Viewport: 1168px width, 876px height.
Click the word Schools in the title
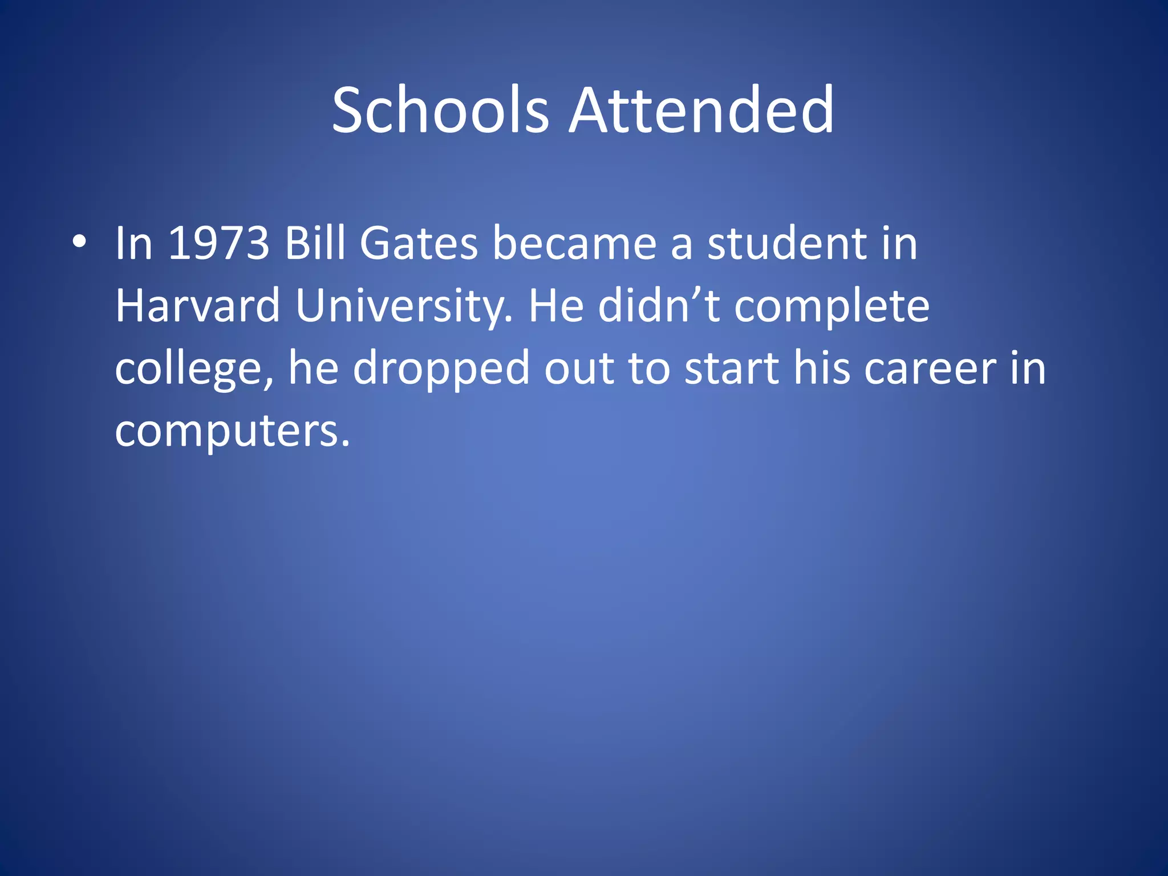coord(440,110)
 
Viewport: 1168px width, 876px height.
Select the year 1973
coord(219,244)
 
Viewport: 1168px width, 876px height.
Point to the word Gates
coord(419,244)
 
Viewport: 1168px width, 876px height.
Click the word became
coord(574,244)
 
